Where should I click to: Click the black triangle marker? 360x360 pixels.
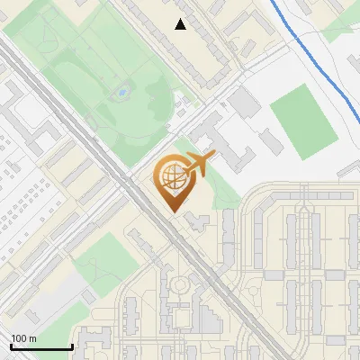pos(181,24)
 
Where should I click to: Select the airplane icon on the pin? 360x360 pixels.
pos(197,165)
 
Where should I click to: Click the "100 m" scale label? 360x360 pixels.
pos(23,338)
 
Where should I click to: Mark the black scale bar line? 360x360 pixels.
pos(41,346)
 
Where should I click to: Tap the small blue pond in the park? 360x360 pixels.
pos(121,92)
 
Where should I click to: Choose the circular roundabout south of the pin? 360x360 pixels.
pos(180,286)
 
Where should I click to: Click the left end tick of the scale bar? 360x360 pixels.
pos(12,346)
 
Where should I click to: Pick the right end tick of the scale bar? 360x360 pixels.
pos(72,346)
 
